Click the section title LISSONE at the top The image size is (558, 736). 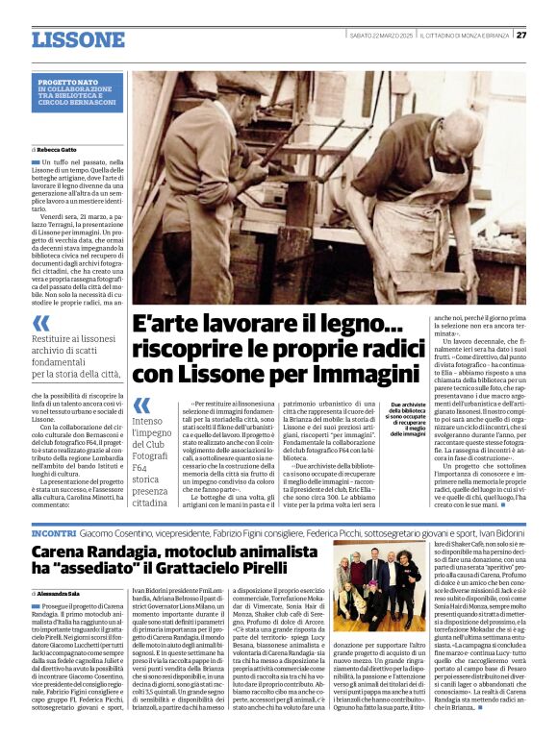click(78, 39)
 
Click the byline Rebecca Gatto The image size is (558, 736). click(58, 150)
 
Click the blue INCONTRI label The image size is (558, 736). click(61, 531)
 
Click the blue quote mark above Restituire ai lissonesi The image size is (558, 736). click(40, 324)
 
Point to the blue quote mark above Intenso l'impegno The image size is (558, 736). click(141, 405)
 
